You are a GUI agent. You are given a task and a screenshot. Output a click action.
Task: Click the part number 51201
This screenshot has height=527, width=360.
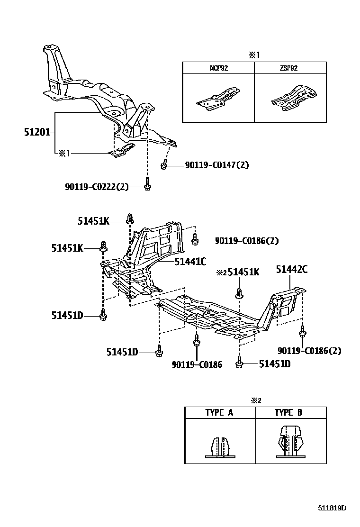tap(37, 132)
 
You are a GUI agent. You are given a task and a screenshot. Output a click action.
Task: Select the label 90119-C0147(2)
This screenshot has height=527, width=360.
tap(210, 165)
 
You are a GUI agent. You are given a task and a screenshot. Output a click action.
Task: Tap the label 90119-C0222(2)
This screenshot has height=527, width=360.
tap(97, 187)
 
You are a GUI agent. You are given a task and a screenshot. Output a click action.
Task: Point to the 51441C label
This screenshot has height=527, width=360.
tap(190, 261)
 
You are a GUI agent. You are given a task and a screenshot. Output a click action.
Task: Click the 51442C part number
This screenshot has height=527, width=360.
tap(292, 270)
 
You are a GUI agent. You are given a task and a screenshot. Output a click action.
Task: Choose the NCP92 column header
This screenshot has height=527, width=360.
tap(219, 68)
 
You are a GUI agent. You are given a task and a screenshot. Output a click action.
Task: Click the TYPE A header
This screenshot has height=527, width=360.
tap(219, 412)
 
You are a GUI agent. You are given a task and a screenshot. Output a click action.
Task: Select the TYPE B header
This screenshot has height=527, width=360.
tap(288, 412)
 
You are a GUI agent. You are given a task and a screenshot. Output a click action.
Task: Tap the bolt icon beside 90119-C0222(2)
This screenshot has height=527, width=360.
tap(147, 184)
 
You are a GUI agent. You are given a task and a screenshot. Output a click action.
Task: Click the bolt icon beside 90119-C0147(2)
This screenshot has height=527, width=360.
tap(164, 165)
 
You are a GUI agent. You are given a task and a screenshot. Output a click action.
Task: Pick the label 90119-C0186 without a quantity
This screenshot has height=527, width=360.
tap(197, 365)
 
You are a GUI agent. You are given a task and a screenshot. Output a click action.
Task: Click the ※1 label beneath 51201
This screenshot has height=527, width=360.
tap(64, 153)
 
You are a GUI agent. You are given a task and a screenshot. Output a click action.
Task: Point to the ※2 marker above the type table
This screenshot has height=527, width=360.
tap(256, 400)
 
